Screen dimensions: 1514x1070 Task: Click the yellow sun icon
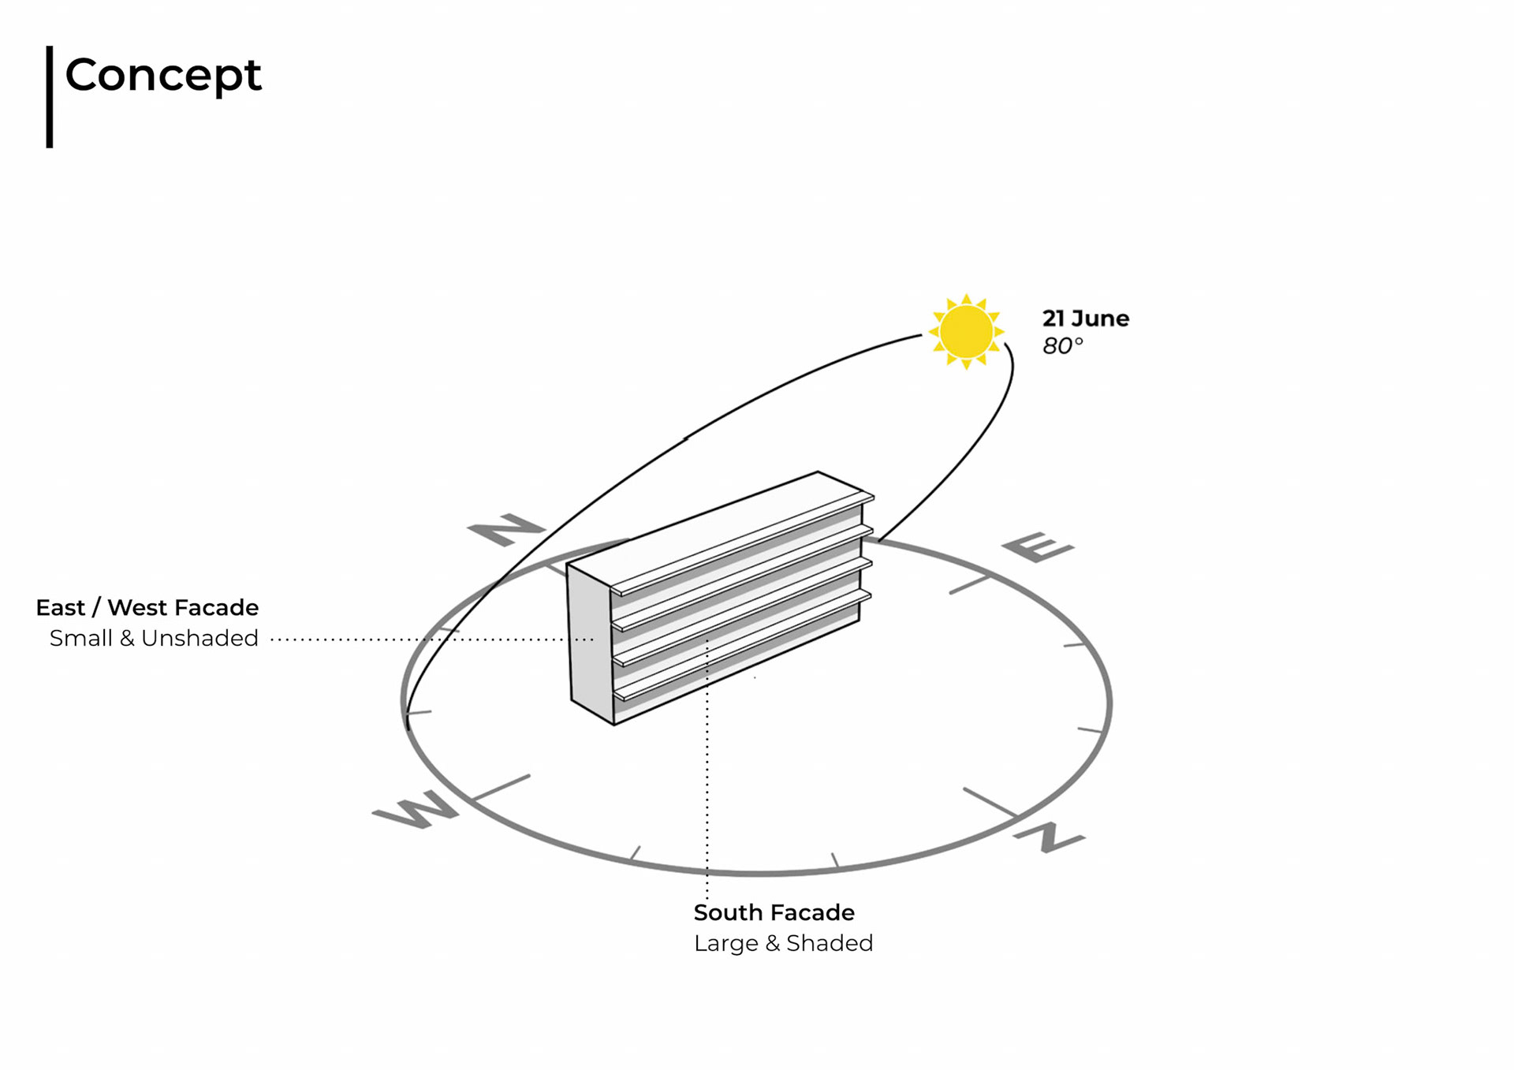[x=966, y=331]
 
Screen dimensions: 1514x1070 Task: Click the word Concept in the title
[x=163, y=76]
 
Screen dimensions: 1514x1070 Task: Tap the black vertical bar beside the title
[x=50, y=96]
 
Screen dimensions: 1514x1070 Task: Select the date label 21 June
[x=1085, y=319]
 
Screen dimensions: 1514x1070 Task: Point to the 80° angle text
[x=1062, y=346]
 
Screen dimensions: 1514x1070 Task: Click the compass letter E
[x=1037, y=546]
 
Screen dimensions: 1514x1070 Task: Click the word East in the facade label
[x=60, y=608]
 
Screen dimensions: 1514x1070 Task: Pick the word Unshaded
[x=200, y=638]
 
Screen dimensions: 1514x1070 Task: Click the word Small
[x=81, y=638]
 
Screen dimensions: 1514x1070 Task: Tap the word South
[x=727, y=912]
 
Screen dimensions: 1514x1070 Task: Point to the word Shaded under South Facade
[x=830, y=943]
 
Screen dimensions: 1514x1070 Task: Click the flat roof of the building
[x=718, y=528]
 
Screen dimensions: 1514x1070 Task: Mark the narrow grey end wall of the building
[x=590, y=643]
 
